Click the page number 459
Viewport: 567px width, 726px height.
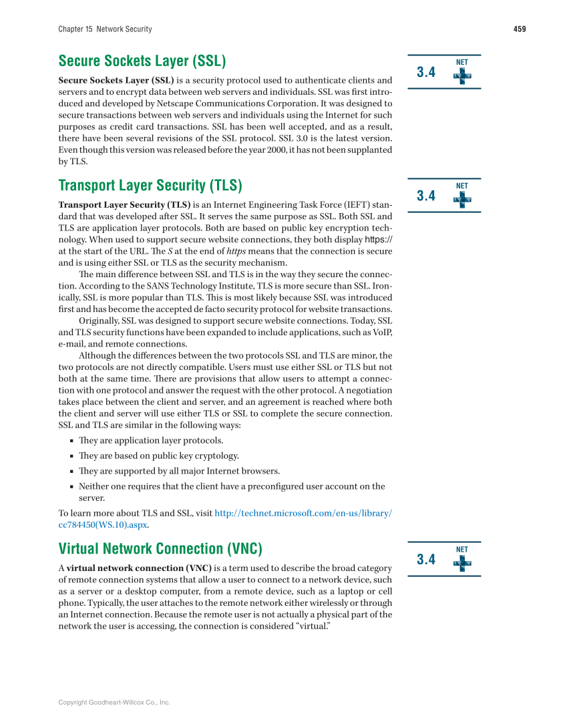pos(520,29)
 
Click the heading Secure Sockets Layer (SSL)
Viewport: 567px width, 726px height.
pos(142,61)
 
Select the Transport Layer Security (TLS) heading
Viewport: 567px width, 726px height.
pos(150,185)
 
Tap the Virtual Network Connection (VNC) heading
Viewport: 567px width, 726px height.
pos(160,549)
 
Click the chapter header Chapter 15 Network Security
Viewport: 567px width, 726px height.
pos(105,29)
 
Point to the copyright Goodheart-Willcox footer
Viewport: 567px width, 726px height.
pos(114,703)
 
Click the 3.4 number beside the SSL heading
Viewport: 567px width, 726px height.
pos(426,72)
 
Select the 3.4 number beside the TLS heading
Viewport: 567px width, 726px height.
pos(426,196)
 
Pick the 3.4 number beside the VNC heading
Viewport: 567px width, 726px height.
pos(426,560)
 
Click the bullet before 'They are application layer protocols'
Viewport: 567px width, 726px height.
pos(71,441)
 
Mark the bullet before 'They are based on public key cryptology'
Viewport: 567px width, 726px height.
pos(71,456)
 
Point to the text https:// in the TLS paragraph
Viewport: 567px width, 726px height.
pos(379,239)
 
